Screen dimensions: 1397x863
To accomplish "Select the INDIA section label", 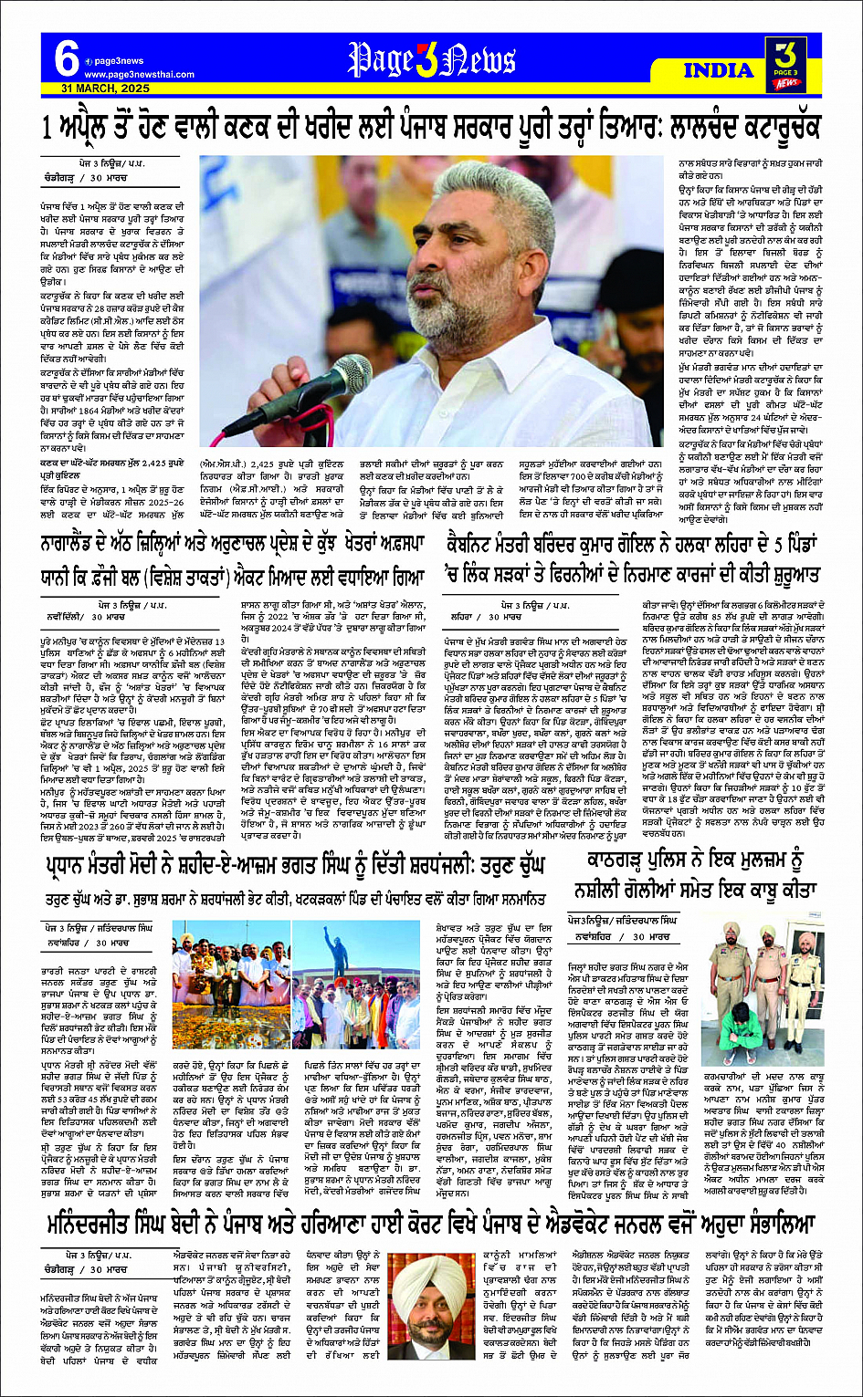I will (719, 70).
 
